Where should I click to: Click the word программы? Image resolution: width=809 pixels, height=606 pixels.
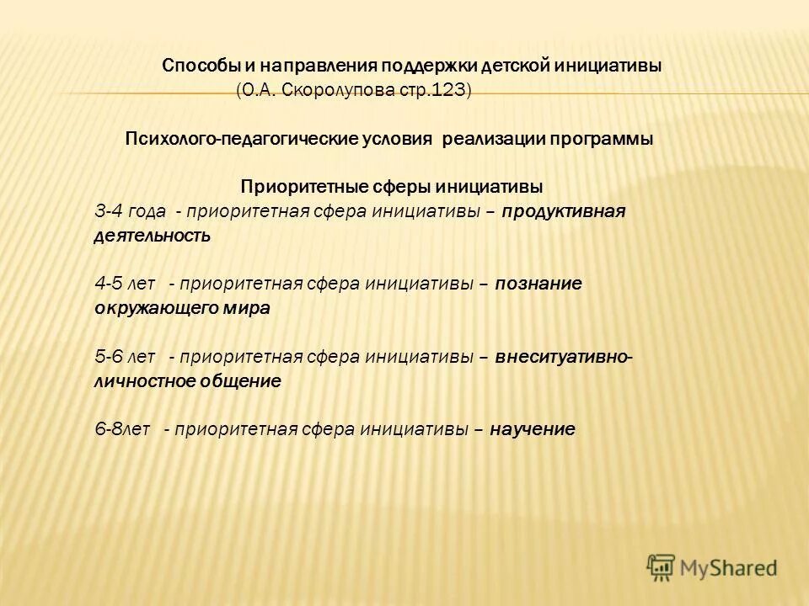[603, 139]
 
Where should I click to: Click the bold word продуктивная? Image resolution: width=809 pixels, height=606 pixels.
[564, 211]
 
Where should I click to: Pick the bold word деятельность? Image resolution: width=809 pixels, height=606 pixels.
[152, 236]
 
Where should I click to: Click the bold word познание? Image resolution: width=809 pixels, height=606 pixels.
[538, 284]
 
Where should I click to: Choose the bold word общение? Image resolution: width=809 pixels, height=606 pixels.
[239, 380]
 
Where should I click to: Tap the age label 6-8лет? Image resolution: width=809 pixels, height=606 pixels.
[122, 429]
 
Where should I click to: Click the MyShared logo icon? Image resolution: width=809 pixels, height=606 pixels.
[661, 567]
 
